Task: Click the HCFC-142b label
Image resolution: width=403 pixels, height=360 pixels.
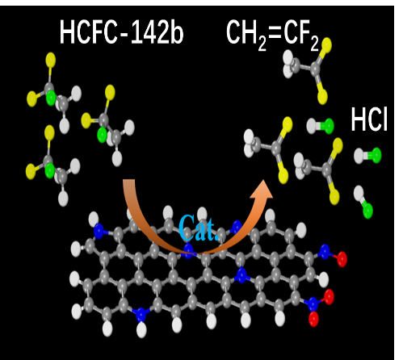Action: click(x=121, y=31)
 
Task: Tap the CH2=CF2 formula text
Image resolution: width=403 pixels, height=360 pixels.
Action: click(x=273, y=35)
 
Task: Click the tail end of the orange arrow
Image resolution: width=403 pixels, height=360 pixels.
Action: click(x=129, y=181)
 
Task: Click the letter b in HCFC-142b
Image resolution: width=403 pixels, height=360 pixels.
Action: click(x=177, y=32)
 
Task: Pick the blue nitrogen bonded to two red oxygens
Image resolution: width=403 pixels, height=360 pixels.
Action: click(x=313, y=303)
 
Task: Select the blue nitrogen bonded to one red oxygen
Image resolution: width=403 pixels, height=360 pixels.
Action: click(x=325, y=252)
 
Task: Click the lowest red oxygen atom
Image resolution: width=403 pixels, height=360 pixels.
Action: click(x=313, y=319)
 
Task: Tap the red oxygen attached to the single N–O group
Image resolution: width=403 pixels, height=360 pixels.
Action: click(x=342, y=259)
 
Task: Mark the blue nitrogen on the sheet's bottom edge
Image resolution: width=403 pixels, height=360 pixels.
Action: click(x=141, y=315)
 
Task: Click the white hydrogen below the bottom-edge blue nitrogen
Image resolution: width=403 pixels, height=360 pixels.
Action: click(x=141, y=331)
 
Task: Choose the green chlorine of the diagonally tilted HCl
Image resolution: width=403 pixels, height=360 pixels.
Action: click(x=367, y=211)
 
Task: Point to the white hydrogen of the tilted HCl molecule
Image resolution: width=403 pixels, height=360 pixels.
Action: click(x=359, y=192)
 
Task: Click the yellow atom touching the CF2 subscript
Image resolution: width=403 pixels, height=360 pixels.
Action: click(x=326, y=44)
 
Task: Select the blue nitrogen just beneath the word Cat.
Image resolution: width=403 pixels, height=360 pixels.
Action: click(x=188, y=250)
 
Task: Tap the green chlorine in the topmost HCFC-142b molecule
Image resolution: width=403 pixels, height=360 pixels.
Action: click(x=51, y=98)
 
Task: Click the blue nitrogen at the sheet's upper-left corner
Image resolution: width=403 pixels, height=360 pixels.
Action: click(x=99, y=231)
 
